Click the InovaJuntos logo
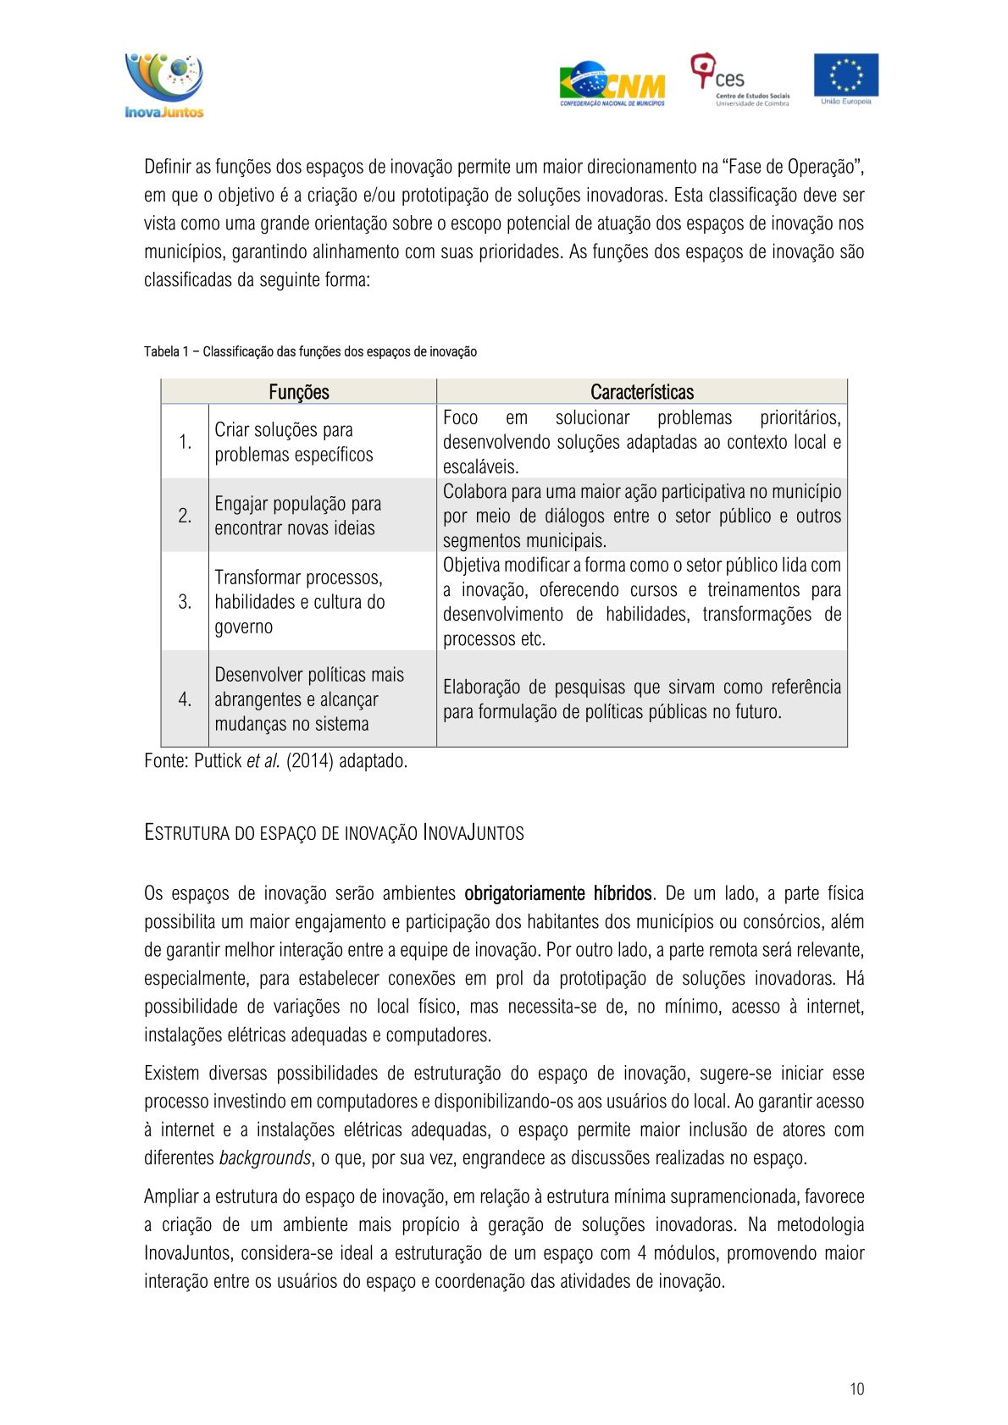click(x=164, y=86)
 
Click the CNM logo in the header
click(x=612, y=84)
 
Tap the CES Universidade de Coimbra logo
click(x=739, y=80)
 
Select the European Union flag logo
click(x=845, y=78)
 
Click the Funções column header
click(x=298, y=392)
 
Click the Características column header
click(x=641, y=392)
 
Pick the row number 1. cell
click(x=185, y=442)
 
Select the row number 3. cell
click(x=185, y=602)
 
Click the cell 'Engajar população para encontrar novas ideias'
click(x=297, y=516)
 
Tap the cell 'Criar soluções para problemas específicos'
click(x=293, y=442)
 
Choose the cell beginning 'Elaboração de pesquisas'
click(x=641, y=699)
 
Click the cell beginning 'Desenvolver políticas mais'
click(x=308, y=699)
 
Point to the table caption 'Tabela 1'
click(x=310, y=351)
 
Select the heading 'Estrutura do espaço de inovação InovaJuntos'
click(x=334, y=833)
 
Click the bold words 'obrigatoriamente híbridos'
click(x=557, y=893)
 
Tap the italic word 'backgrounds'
click(x=264, y=1157)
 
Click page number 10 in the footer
click(x=856, y=1389)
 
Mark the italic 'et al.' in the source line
click(x=263, y=761)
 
